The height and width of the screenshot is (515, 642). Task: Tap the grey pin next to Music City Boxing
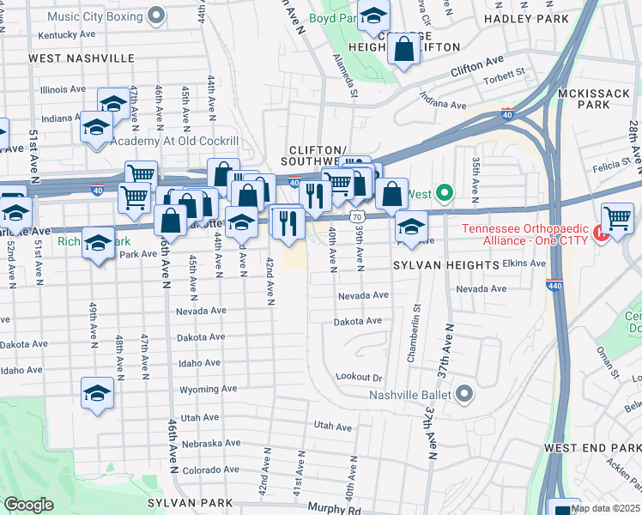coord(156,15)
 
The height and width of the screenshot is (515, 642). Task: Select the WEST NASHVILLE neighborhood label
coord(82,58)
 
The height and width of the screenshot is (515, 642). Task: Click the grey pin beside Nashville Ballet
coord(465,395)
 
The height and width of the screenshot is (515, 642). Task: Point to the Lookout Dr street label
coord(358,377)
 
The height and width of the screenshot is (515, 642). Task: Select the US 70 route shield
coord(355,217)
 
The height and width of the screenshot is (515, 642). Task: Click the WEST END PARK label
coord(592,448)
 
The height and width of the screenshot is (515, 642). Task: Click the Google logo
coord(29,505)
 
